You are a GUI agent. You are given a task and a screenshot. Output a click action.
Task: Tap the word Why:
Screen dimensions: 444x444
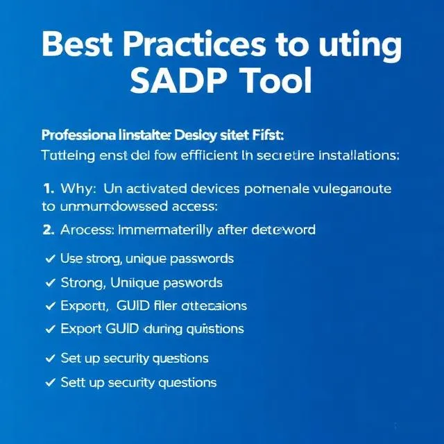click(80, 188)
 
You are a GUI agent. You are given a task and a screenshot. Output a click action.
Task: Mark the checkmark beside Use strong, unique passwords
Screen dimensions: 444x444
click(49, 259)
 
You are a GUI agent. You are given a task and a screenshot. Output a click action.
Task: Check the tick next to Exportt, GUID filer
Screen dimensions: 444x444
click(49, 305)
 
